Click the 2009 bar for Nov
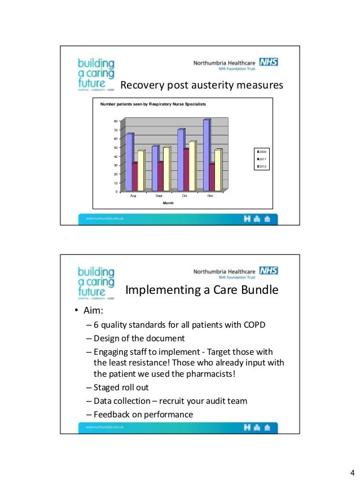[x=206, y=155]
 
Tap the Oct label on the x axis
[x=185, y=196]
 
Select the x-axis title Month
[x=168, y=202]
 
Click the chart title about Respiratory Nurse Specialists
[x=153, y=105]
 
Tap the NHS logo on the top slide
[x=268, y=63]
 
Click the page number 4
[x=352, y=472]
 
